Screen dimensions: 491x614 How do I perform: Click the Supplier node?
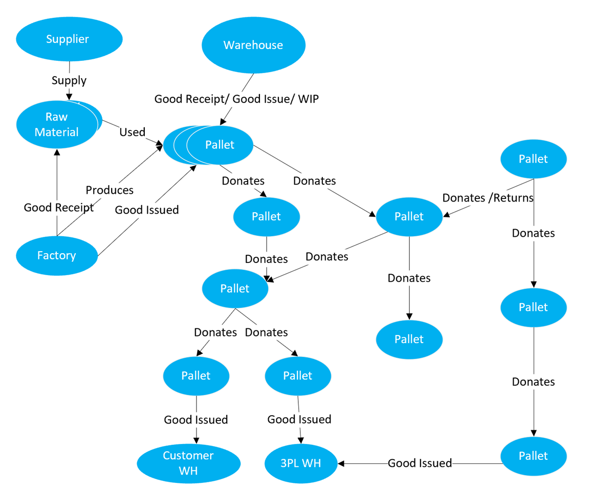[x=69, y=39]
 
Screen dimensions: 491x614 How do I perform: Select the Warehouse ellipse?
[x=253, y=45]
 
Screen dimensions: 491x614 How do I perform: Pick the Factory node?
[x=56, y=255]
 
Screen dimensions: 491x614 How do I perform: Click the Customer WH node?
[x=188, y=463]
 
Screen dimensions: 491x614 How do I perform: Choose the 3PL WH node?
[x=300, y=463]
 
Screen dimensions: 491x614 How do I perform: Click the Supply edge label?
[x=69, y=80]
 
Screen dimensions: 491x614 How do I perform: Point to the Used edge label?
[x=132, y=132]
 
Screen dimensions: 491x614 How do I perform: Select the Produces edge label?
[x=109, y=190]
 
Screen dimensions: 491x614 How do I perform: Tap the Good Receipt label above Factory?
[x=59, y=208]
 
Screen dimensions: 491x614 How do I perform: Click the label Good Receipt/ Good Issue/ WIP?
[x=236, y=99]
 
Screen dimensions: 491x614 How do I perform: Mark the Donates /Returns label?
[x=488, y=197]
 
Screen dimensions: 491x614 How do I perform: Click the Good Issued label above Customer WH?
[x=196, y=420]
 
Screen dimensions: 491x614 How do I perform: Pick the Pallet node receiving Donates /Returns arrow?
[x=409, y=216]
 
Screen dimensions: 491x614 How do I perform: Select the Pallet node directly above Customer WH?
[x=196, y=376]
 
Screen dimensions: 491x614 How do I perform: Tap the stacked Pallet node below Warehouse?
[x=220, y=145]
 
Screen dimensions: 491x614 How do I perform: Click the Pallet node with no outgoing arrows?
[x=409, y=340]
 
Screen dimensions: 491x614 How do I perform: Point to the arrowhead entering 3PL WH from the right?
[x=341, y=463]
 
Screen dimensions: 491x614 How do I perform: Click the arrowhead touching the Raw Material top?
[x=69, y=96]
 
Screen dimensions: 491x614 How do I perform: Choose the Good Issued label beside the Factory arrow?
[x=147, y=210]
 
